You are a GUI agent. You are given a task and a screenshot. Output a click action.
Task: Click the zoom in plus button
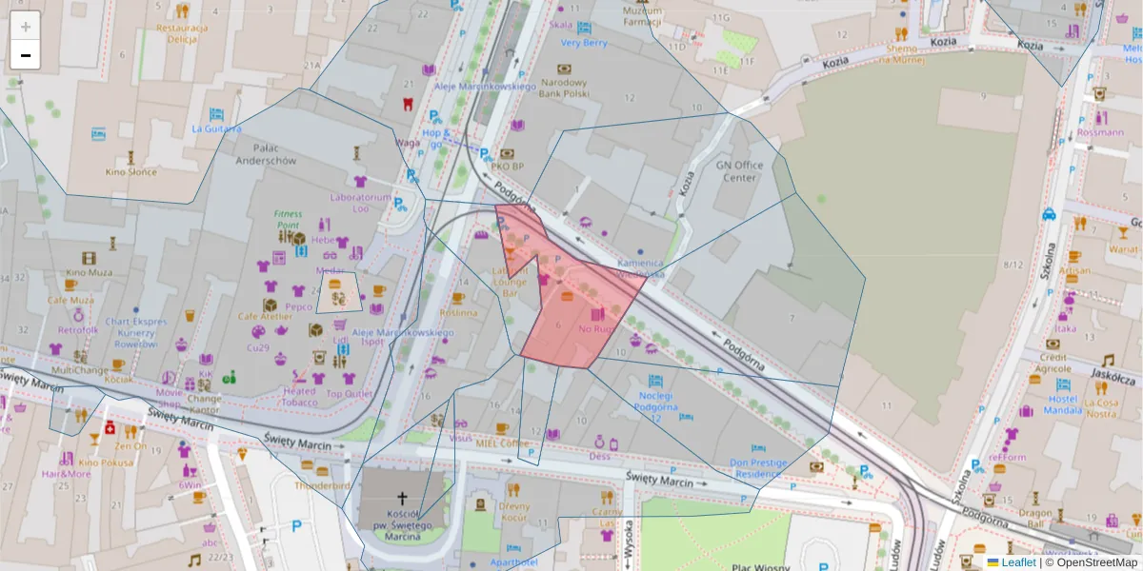26,26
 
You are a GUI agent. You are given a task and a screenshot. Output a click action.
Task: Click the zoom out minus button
26,55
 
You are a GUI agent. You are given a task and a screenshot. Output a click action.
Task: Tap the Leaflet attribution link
1018,562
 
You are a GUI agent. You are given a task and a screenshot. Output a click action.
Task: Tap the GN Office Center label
740,170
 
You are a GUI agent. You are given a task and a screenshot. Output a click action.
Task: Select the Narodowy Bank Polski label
564,89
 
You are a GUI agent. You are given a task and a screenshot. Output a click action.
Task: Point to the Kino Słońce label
130,171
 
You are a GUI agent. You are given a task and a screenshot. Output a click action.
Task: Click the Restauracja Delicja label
182,33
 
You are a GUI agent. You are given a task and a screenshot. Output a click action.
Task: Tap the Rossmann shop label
1101,132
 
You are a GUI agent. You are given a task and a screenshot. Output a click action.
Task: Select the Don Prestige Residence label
759,467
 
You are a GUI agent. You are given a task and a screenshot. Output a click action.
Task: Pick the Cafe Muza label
70,300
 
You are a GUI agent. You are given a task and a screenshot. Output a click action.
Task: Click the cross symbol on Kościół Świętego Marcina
403,498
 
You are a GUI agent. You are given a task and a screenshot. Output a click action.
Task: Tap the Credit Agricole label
1053,363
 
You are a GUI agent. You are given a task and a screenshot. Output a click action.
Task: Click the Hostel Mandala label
1062,405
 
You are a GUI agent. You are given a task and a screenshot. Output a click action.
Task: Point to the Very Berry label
583,43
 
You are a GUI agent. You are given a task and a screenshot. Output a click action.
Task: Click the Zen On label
130,445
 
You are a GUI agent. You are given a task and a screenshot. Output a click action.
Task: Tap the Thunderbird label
321,484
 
